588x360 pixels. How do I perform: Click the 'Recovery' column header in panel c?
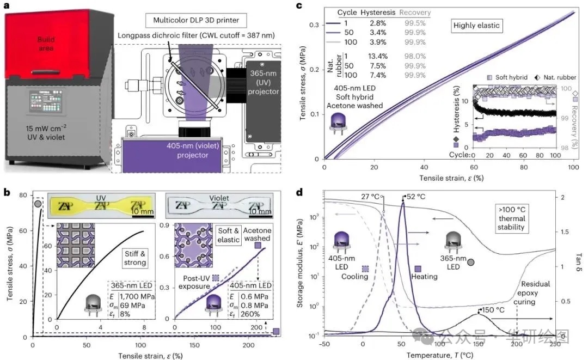pos(415,13)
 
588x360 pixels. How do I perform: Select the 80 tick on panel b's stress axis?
pos(23,195)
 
